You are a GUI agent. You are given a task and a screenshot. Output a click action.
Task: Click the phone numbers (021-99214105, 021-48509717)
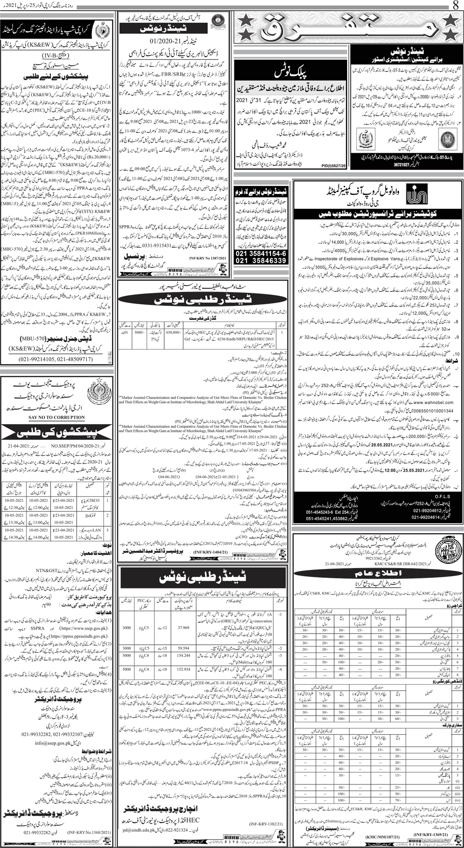58,358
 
